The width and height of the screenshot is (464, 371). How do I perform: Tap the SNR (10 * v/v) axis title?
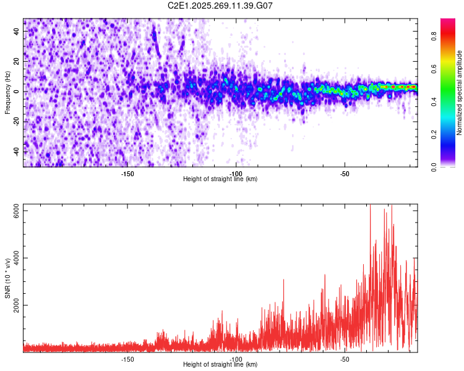(x=8, y=278)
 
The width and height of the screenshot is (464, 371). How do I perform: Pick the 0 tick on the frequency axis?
(x=17, y=92)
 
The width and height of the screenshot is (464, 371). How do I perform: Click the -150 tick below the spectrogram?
(x=127, y=174)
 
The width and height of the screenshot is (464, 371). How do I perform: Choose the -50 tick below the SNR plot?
(x=345, y=359)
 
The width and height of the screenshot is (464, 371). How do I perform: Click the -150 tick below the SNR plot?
(x=127, y=359)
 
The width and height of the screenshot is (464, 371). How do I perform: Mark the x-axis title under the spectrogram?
(x=220, y=179)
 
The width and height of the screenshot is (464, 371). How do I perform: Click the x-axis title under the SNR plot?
(x=220, y=365)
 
